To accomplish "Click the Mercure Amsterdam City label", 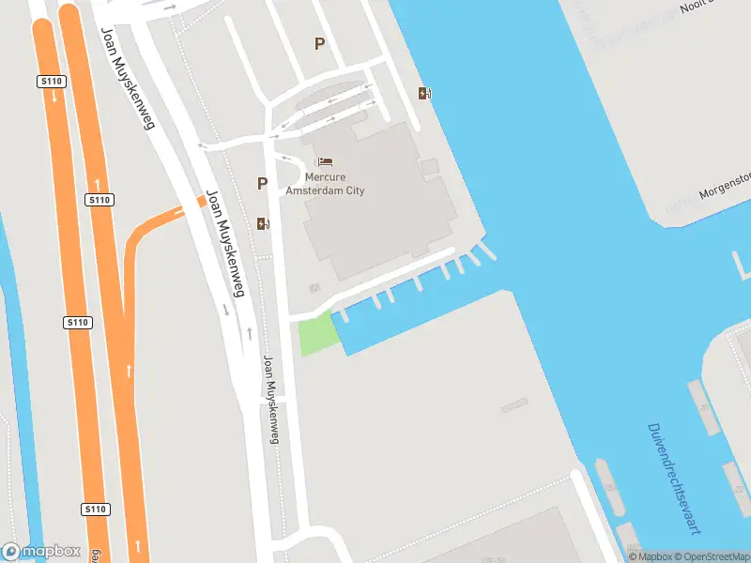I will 334,184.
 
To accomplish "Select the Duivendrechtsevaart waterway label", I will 674,479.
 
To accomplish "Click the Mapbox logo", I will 40,552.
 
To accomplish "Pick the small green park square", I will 317,335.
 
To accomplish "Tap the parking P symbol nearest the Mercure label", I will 262,184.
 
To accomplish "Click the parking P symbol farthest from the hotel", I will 319,43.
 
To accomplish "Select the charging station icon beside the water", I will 425,93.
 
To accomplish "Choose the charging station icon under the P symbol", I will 262,223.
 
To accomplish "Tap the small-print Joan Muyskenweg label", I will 270,400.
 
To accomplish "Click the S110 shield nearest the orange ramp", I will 99,200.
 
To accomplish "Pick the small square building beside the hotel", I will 429,167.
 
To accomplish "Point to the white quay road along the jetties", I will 394,277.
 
